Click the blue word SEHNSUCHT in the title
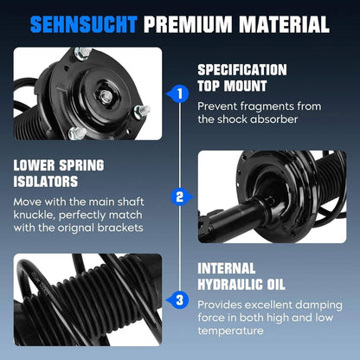coord(83,24)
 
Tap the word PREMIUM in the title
coord(188,24)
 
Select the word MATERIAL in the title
coord(285,24)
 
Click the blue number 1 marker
coord(179,93)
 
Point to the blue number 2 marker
coord(181,197)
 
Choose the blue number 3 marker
coord(179,300)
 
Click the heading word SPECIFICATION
coord(242,70)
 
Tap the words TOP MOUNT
coord(232,86)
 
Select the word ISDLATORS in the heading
coord(46,182)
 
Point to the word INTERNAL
coord(227,268)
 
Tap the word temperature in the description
coord(230,331)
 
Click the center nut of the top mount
coord(105,94)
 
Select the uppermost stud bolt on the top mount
coord(83,53)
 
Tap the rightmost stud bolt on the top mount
coord(142,112)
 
